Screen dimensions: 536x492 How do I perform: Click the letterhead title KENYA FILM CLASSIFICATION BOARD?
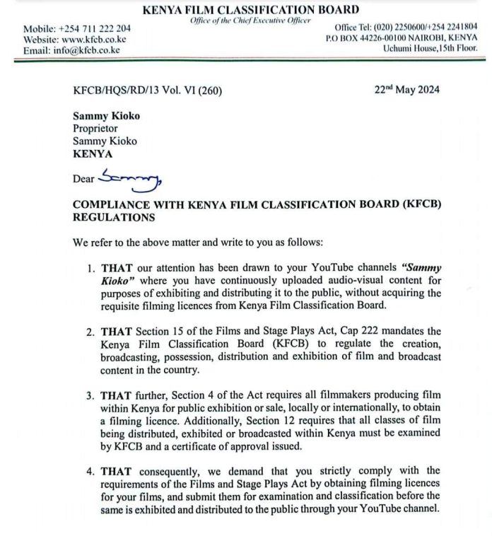[x=250, y=9]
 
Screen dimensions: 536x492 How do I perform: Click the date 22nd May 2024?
[x=406, y=89]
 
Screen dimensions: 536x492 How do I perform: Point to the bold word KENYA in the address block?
[x=92, y=153]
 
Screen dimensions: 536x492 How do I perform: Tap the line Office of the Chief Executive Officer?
[x=250, y=20]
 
